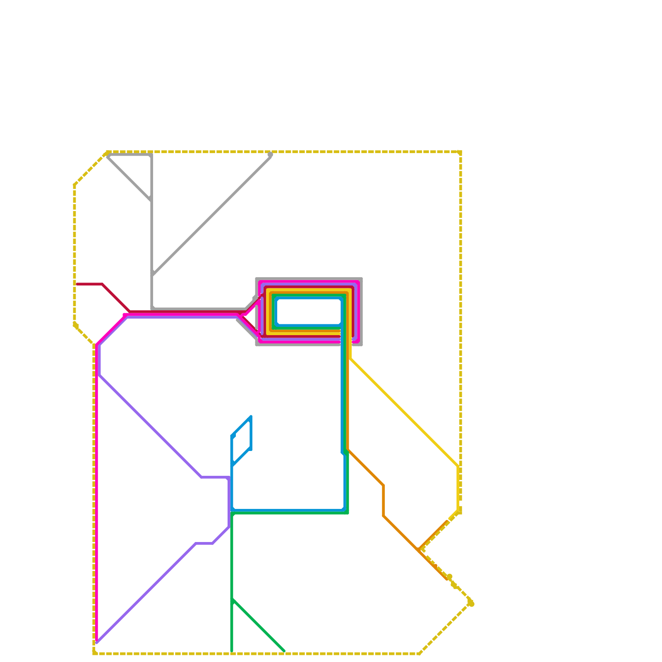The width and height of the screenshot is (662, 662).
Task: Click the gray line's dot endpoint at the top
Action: click(270, 155)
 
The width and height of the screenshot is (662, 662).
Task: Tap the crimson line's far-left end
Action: click(77, 284)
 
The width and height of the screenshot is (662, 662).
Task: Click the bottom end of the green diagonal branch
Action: click(284, 651)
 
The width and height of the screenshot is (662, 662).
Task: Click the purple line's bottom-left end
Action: click(97, 642)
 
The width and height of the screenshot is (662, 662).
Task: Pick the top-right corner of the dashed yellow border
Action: click(460, 152)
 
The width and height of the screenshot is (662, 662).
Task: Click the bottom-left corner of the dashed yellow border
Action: click(95, 653)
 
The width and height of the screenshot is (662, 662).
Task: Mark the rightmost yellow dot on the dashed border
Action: click(471, 604)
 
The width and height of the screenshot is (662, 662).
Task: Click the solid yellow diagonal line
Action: click(403, 412)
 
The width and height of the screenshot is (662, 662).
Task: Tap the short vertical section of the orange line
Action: click(384, 501)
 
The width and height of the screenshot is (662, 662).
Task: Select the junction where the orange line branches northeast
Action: click(420, 549)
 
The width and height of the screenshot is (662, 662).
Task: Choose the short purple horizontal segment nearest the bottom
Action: click(204, 544)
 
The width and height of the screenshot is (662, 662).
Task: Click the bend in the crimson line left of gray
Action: click(103, 284)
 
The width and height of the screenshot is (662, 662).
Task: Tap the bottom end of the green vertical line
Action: click(232, 651)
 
